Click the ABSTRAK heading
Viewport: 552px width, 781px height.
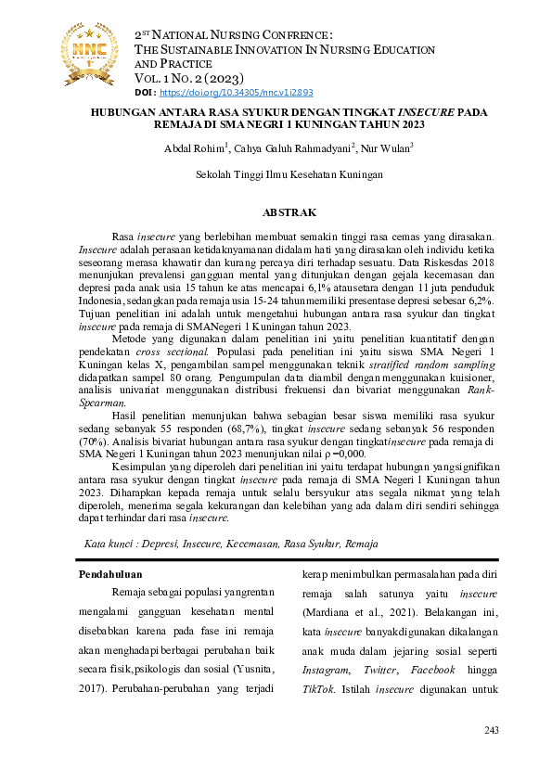(290, 212)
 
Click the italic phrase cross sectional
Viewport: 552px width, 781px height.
(165, 328)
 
